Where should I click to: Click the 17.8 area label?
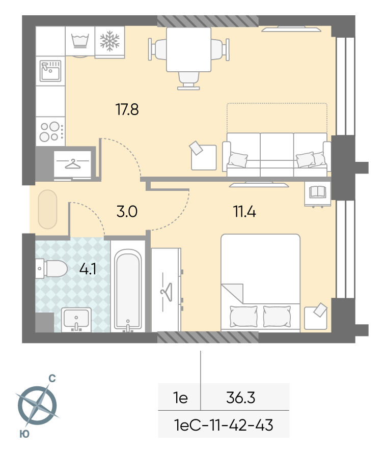tap(127, 109)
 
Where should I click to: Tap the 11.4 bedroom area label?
tap(244, 211)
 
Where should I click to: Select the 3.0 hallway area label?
tap(127, 211)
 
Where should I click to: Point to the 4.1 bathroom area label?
tap(88, 269)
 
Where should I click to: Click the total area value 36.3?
tap(241, 398)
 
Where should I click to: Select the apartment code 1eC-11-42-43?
tap(224, 425)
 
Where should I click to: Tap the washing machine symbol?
tap(80, 41)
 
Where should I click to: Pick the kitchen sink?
tap(50, 71)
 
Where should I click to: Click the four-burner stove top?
tap(50, 131)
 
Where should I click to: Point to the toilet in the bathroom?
tap(51, 268)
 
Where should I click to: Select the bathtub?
tap(128, 289)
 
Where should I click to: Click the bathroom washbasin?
tap(76, 320)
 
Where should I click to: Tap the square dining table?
tap(189, 49)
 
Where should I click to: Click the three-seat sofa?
tap(277, 155)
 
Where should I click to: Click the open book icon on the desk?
tap(317, 192)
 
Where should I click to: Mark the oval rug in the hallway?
tap(48, 210)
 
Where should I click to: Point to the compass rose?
tap(38, 405)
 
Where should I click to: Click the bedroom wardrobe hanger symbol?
tap(167, 292)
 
